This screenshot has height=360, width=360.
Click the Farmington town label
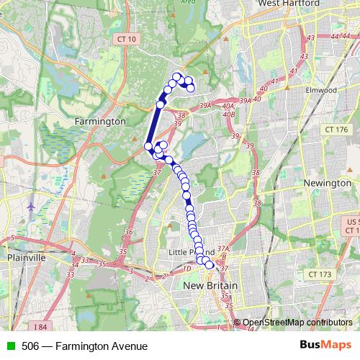point(100,122)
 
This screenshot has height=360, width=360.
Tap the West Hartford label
point(287,4)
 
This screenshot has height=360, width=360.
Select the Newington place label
point(328,183)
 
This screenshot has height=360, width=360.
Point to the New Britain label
point(210,286)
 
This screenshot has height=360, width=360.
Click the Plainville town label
point(26,257)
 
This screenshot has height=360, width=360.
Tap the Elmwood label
point(320,90)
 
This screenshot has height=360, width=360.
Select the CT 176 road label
point(336,130)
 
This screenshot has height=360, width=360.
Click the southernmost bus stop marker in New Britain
point(210,265)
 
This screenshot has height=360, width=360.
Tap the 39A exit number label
point(206,106)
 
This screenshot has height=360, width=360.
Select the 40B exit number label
point(229,113)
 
